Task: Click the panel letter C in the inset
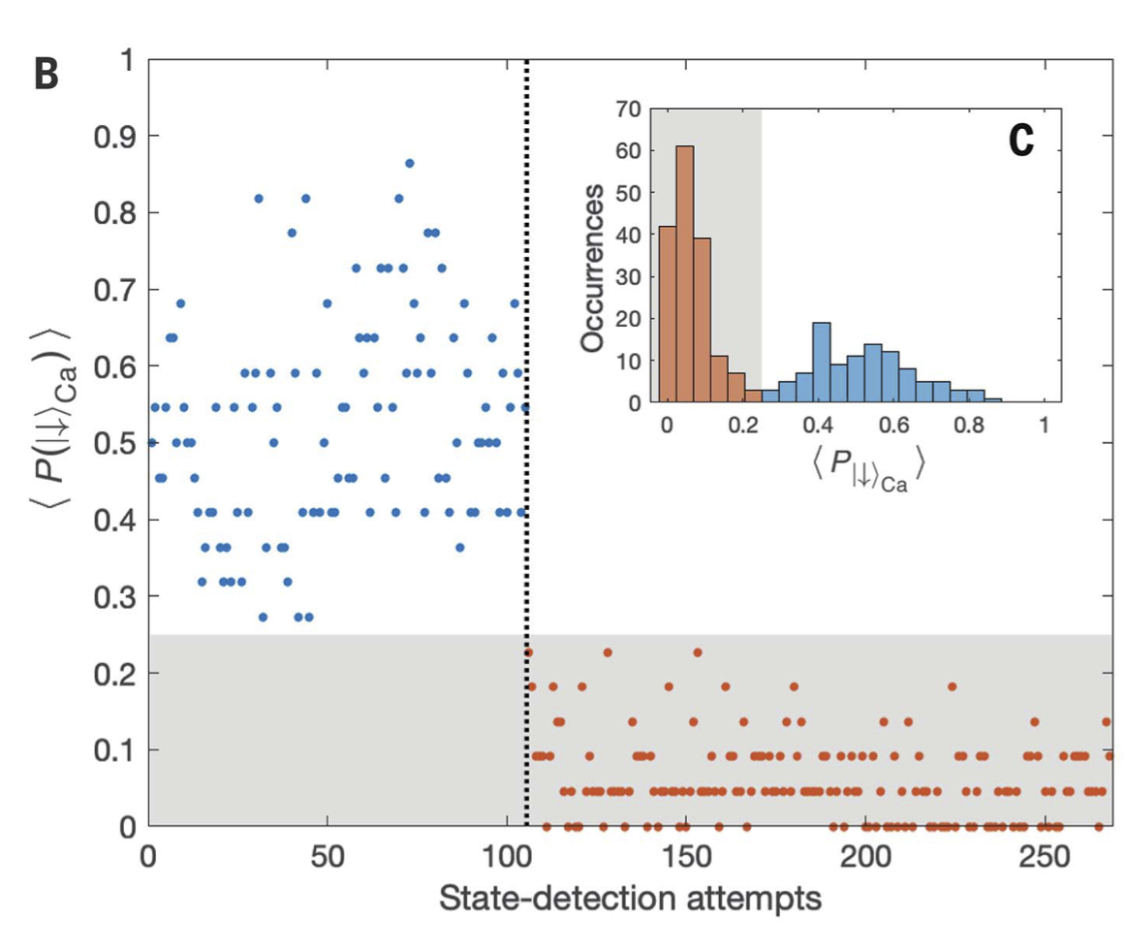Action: [x=1020, y=141]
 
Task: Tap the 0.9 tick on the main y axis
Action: [x=114, y=136]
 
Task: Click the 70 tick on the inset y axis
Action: [x=628, y=109]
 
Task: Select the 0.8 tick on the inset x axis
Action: [x=967, y=427]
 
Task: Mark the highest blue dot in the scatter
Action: [x=409, y=163]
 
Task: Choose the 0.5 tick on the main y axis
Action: [x=114, y=443]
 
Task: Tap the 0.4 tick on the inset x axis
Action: [x=817, y=427]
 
